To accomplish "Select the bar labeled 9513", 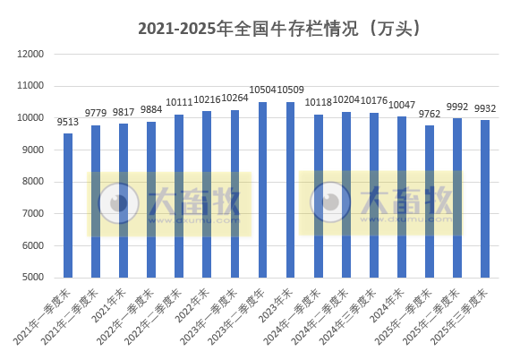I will tap(67, 206).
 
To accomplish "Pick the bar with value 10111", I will tap(179, 196).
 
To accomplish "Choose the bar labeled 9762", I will tap(430, 201).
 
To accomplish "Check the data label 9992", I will tap(457, 107).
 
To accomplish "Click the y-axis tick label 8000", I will tap(34, 182).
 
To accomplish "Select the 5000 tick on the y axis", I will tap(34, 278).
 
